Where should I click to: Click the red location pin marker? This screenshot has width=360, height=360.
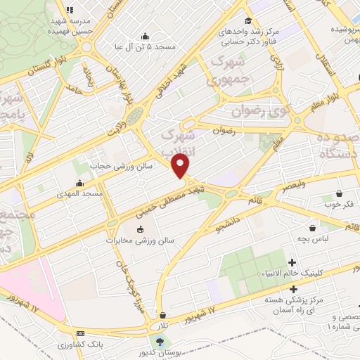(x=181, y=165)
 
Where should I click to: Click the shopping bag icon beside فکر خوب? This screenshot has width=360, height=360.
(x=340, y=193)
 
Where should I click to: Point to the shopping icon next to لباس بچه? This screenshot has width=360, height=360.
(x=313, y=228)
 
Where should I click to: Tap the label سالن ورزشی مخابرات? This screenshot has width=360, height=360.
(x=149, y=240)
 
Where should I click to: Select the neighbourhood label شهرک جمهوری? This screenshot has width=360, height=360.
(x=233, y=72)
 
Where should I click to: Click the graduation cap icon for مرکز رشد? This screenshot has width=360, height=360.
(x=247, y=20)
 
